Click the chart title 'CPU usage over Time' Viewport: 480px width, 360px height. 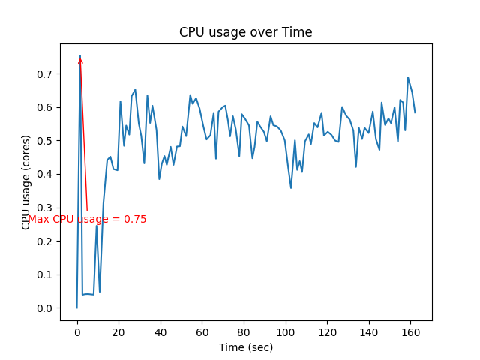pos(245,32)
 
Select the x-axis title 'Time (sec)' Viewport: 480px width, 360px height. pos(245,347)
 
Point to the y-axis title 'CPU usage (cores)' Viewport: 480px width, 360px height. pos(26,182)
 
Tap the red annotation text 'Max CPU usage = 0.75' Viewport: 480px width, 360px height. pos(87,220)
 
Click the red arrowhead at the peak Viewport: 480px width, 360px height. pos(80,60)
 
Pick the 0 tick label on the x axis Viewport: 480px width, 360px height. pos(76,332)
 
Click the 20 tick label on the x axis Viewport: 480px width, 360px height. pos(118,332)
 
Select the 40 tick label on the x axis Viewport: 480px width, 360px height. pos(160,332)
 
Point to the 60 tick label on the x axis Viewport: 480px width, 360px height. pos(202,332)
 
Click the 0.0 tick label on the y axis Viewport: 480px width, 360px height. pos(46,308)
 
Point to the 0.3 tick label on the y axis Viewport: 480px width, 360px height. pos(46,208)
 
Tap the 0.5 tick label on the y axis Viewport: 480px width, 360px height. pos(46,141)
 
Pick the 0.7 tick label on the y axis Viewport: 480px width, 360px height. pos(46,74)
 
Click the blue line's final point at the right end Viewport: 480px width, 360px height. pos(415,112)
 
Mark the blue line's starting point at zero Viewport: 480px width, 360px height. pos(76,307)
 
